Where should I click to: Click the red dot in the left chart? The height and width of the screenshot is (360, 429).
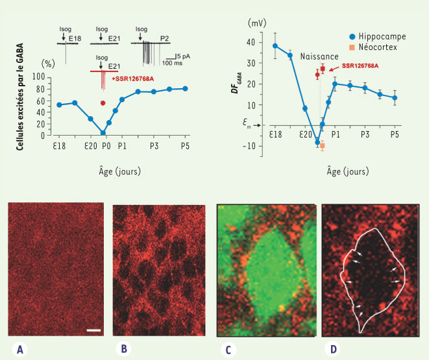click(x=103, y=102)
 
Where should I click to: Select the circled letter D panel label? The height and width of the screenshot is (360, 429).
click(x=333, y=348)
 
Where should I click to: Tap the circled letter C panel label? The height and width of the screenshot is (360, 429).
click(x=228, y=348)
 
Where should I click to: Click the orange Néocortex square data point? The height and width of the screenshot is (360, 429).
click(x=322, y=146)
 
